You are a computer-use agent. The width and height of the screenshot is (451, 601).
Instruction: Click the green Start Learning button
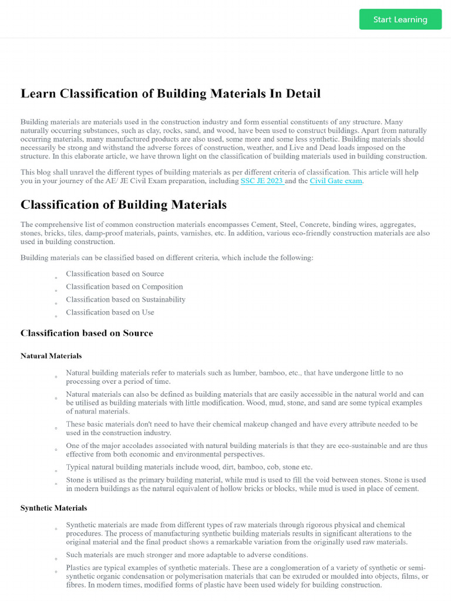(400, 19)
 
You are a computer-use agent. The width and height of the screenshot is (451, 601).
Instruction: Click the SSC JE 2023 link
(262, 181)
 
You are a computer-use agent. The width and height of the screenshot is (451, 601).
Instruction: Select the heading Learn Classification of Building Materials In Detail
(170, 93)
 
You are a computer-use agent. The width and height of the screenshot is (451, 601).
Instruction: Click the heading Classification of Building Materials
(123, 205)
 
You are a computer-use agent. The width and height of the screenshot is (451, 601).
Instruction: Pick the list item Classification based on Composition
(124, 286)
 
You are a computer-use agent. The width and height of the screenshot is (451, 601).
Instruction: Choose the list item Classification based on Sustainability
(125, 299)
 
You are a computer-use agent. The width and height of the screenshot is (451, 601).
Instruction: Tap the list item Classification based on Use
(110, 312)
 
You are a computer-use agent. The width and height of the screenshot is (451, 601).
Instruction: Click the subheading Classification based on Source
(86, 333)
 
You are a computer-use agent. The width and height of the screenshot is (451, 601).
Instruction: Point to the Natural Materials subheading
(51, 356)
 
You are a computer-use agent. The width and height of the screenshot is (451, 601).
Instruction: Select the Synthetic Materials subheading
(53, 508)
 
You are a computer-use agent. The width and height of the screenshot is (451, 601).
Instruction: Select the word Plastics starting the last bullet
(79, 568)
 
